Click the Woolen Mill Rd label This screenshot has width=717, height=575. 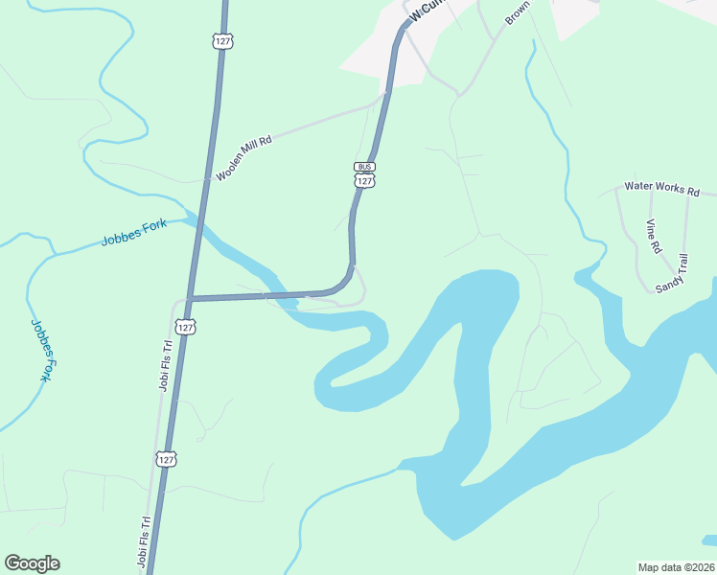pyautogui.click(x=243, y=158)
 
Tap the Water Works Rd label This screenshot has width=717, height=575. pyautogui.click(x=661, y=188)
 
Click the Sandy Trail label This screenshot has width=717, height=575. pyautogui.click(x=672, y=273)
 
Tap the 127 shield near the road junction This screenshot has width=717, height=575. pyautogui.click(x=187, y=328)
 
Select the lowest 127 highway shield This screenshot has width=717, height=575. pyautogui.click(x=167, y=459)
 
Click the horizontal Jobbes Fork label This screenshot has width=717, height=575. pyautogui.click(x=133, y=233)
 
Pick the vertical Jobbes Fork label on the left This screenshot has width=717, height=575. pyautogui.click(x=40, y=351)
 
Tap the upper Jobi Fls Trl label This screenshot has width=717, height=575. pyautogui.click(x=164, y=365)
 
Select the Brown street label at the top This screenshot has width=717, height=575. pyautogui.click(x=518, y=12)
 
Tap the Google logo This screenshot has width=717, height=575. pyautogui.click(x=32, y=563)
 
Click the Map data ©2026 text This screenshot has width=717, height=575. pyautogui.click(x=676, y=567)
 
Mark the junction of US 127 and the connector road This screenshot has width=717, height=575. pyautogui.click(x=191, y=298)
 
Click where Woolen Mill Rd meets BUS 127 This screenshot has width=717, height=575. pyautogui.click(x=384, y=94)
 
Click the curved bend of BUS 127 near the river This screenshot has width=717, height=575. pyautogui.click(x=344, y=282)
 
